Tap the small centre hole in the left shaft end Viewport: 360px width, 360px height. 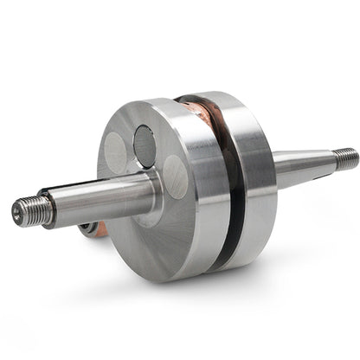pyautogui.click(x=17, y=209)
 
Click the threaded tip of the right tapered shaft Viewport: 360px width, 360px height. pyautogui.click(x=346, y=157)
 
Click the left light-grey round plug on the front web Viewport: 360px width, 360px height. pyautogui.click(x=115, y=153)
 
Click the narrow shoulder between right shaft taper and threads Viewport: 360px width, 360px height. pyautogui.click(x=332, y=159)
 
